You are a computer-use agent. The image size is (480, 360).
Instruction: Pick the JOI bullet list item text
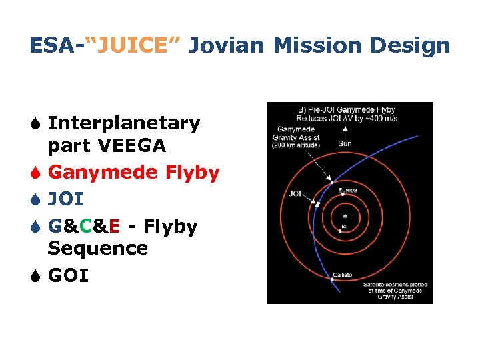tap(66, 199)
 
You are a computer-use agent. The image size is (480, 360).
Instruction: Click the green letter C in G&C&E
tap(85, 227)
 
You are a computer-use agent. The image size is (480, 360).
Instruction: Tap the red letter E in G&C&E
tap(114, 227)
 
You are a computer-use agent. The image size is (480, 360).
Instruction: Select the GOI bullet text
tap(68, 275)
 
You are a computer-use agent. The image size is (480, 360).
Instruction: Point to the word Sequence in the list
tap(98, 249)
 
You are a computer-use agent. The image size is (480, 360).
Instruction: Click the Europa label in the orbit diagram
tap(349, 191)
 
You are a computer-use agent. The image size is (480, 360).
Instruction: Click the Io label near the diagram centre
tap(343, 227)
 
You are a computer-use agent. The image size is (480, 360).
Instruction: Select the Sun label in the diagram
tap(345, 143)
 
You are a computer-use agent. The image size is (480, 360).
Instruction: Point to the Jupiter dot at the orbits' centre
tap(344, 217)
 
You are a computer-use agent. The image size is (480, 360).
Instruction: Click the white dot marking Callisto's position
tap(331, 279)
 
